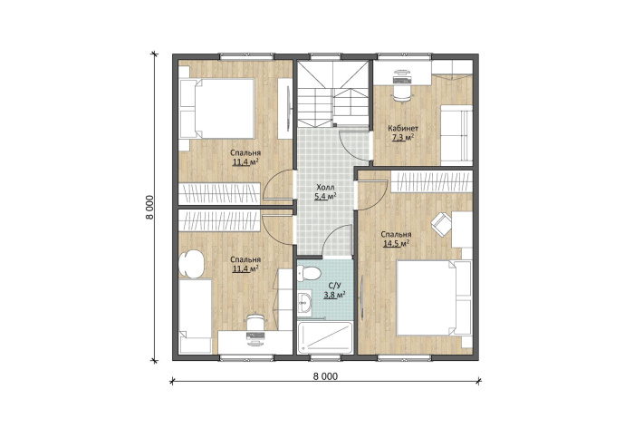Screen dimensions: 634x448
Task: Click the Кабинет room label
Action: coord(403,128)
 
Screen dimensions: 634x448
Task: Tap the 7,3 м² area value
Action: coord(403,138)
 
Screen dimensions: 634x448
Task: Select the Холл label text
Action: coord(325,187)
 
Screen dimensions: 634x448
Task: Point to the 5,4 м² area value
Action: coord(325,196)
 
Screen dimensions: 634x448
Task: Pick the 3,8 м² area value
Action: coord(334,295)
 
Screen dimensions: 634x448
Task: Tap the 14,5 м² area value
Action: coord(396,244)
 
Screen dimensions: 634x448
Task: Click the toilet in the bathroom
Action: coord(308,274)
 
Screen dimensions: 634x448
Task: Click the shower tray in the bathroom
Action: coord(324,338)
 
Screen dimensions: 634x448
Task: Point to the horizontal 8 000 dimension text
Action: coord(325,376)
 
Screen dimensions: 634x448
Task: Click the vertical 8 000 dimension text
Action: coord(150,207)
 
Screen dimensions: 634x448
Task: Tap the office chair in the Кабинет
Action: coord(402,86)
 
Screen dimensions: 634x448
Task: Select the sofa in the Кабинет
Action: coord(456,135)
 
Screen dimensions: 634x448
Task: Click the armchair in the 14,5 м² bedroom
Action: coord(441,224)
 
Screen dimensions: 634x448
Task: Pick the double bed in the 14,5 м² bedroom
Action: coord(434,297)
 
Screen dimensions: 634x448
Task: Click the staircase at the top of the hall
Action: coord(334,93)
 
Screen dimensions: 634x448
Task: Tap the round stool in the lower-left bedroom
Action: coord(192,264)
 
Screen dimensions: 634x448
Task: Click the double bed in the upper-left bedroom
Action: coord(216,109)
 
